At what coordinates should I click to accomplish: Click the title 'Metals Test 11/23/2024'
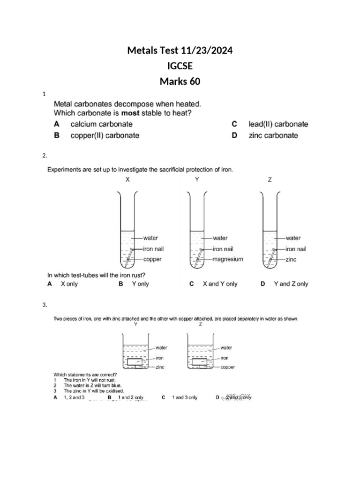(x=180, y=50)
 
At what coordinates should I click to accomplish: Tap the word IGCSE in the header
(x=180, y=66)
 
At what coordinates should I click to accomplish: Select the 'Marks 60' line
(x=180, y=82)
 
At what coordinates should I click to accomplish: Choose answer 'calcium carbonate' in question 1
(x=101, y=124)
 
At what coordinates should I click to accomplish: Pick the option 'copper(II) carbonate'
(x=105, y=135)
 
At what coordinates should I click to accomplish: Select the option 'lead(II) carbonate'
(x=278, y=124)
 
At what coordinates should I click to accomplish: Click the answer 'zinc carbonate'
(x=273, y=135)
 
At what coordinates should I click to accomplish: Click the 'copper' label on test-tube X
(x=152, y=259)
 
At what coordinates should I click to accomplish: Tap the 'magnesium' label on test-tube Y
(x=228, y=259)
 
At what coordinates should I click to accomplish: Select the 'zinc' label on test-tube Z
(x=291, y=259)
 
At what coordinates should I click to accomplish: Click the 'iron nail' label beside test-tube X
(x=153, y=249)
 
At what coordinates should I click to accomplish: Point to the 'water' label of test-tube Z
(x=293, y=238)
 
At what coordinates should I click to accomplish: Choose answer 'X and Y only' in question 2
(x=220, y=284)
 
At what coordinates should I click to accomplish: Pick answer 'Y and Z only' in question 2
(x=291, y=284)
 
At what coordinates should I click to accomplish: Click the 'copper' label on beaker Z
(x=227, y=367)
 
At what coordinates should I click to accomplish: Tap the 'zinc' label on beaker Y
(x=160, y=367)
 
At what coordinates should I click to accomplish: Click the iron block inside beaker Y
(x=135, y=361)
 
